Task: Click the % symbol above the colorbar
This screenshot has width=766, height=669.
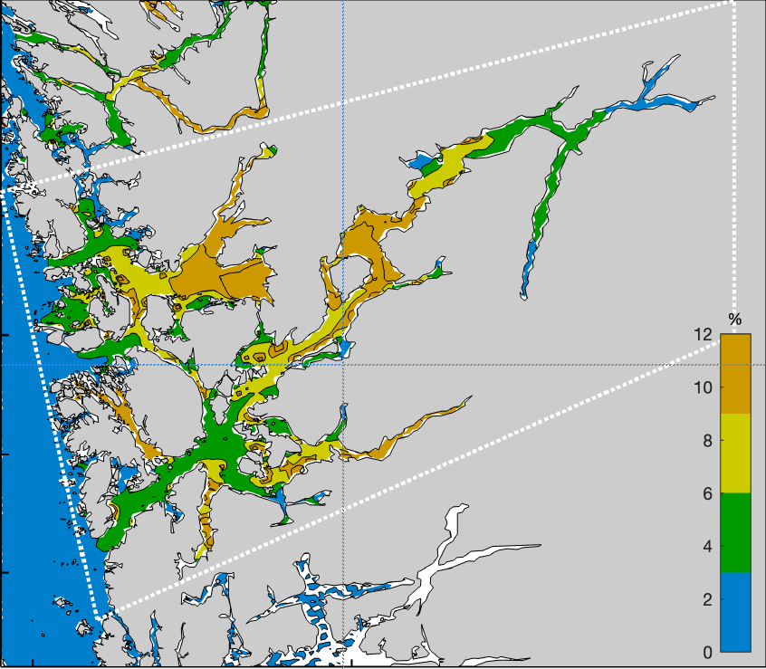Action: pyautogui.click(x=735, y=320)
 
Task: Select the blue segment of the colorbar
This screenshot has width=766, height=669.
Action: pyautogui.click(x=735, y=612)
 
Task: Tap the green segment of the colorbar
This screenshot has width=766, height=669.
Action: pyautogui.click(x=735, y=532)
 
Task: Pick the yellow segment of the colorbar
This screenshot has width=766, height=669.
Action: pyautogui.click(x=735, y=454)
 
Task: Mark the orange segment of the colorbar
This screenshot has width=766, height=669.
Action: pyautogui.click(x=735, y=374)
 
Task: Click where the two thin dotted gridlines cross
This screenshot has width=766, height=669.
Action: pyautogui.click(x=343, y=365)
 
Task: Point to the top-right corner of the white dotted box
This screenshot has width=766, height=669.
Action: pyautogui.click(x=732, y=3)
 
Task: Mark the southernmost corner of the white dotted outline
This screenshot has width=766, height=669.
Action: pyautogui.click(x=99, y=616)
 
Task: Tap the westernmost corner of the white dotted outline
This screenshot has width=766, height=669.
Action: pyautogui.click(x=5, y=188)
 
